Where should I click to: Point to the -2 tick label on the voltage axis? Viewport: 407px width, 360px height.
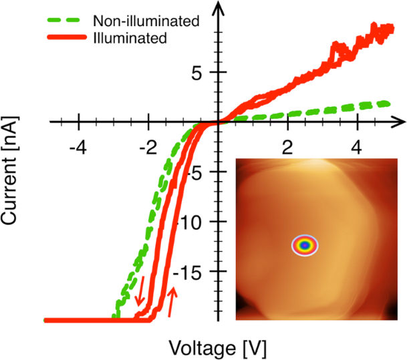pyautogui.click(x=148, y=146)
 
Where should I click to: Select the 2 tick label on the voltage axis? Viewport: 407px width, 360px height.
pyautogui.click(x=287, y=146)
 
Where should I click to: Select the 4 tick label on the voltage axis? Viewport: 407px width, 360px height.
pyautogui.click(x=358, y=146)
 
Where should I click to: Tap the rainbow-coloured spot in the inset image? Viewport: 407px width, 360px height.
pyautogui.click(x=305, y=245)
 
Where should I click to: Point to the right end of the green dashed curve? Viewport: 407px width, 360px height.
pyautogui.click(x=387, y=103)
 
